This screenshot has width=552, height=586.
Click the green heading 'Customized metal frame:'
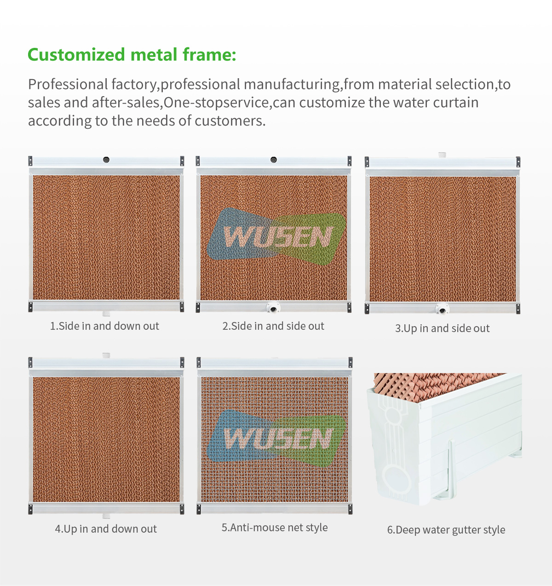tap(132, 55)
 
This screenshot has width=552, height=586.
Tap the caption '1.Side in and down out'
tap(104, 326)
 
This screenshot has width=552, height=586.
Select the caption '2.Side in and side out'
tap(273, 326)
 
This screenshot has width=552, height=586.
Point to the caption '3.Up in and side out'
tap(442, 328)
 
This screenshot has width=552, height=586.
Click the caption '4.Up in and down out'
tap(106, 529)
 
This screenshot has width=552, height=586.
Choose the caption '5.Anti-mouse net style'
tap(275, 528)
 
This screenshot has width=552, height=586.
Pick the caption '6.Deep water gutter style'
tap(446, 530)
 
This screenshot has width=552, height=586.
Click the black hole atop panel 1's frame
tap(106, 160)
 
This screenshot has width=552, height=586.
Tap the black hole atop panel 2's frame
tap(274, 160)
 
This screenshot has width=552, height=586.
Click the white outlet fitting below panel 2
tap(273, 308)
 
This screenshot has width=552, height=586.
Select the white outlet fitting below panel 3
tap(442, 309)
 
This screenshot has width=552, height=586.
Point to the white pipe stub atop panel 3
tap(442, 155)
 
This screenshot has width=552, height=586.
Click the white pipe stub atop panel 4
tap(106, 355)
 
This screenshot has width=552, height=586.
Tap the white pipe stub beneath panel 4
tap(106, 516)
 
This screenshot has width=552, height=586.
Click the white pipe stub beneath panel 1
tap(106, 314)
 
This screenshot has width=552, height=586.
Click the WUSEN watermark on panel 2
tap(276, 236)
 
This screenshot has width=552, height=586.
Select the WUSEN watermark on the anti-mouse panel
tap(276, 438)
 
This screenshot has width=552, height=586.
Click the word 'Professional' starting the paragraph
tap(68, 84)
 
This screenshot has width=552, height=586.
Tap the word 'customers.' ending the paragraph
tap(230, 121)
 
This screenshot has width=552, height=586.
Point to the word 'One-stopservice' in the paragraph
tap(216, 103)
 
